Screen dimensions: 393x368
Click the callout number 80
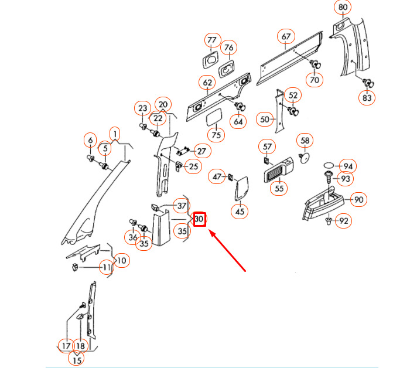[x=343, y=7]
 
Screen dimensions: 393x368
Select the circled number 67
[x=286, y=36]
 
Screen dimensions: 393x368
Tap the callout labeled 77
[x=212, y=40]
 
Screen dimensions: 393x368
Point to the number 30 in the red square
[x=200, y=219]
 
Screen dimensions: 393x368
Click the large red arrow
[x=227, y=251]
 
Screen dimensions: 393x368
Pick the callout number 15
[x=77, y=360]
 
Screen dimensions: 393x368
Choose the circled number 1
[x=115, y=135]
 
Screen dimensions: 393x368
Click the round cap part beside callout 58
[x=305, y=158]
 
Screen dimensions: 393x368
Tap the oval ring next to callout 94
[x=329, y=166]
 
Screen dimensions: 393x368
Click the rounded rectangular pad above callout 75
[x=214, y=117]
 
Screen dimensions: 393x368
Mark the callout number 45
[x=240, y=212]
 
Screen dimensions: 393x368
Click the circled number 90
[x=358, y=200]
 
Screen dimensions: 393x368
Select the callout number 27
[x=202, y=151]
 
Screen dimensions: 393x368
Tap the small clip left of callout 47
[x=231, y=177]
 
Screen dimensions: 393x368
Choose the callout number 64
[x=238, y=122]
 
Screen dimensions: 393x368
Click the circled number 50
[x=265, y=120]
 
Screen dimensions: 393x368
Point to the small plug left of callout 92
[x=329, y=221]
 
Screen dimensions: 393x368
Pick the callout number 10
[x=122, y=261]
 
